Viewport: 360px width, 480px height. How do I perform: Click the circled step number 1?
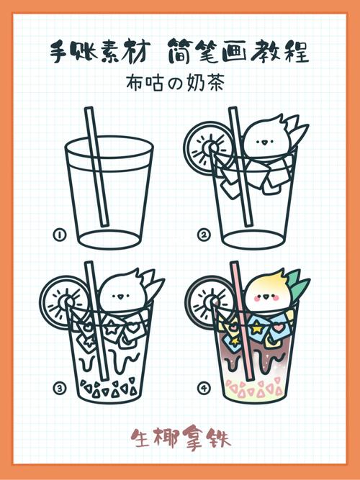60,235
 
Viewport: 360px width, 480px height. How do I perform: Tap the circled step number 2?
204,235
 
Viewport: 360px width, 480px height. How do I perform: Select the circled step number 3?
60,389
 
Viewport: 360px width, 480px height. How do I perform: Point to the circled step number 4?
204,389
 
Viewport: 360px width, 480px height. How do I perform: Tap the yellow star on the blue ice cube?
257,328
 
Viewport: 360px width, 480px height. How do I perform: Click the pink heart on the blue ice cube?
278,328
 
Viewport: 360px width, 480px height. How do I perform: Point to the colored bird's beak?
266,296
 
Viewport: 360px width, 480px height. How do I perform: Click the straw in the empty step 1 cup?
96,167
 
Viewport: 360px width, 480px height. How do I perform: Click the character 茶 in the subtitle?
214,83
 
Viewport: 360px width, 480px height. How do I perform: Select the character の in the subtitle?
175,84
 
